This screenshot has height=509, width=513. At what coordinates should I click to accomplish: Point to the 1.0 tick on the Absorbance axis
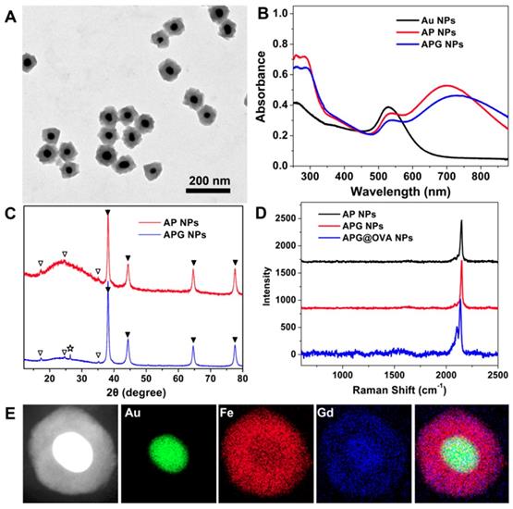[x=275, y=14]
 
